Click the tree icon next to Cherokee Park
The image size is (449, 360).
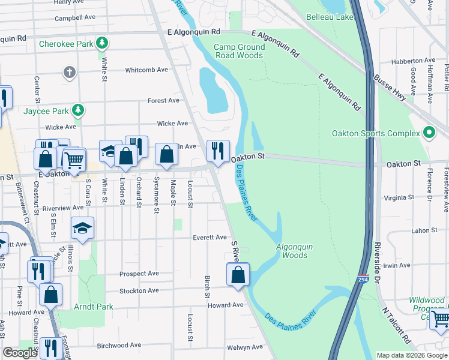[103, 43]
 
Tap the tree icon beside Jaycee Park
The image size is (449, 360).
[77, 110]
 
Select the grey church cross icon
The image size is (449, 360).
[70, 73]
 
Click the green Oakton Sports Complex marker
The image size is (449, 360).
[429, 133]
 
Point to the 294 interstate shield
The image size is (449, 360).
[362, 280]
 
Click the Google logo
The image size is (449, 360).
[20, 353]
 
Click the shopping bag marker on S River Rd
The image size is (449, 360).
[238, 275]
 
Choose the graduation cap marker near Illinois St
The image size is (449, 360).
[83, 228]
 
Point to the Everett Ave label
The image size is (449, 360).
[209, 238]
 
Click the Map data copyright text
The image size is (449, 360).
[411, 355]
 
